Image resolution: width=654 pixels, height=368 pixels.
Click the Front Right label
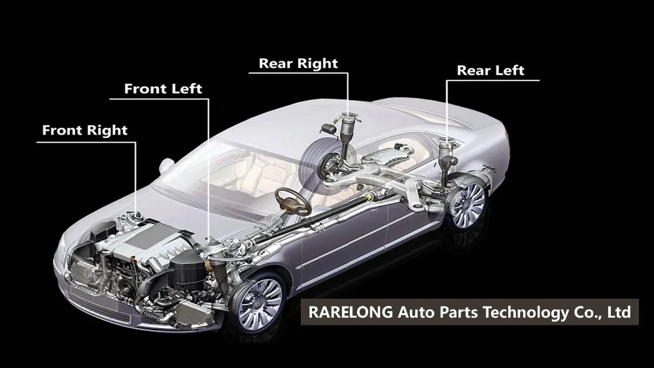click(85, 130)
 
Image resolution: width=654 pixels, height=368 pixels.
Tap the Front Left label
click(163, 88)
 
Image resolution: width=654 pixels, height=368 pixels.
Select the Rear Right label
click(298, 63)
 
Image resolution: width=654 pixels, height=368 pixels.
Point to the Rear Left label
click(490, 71)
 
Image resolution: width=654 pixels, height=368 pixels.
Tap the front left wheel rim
click(261, 302)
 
